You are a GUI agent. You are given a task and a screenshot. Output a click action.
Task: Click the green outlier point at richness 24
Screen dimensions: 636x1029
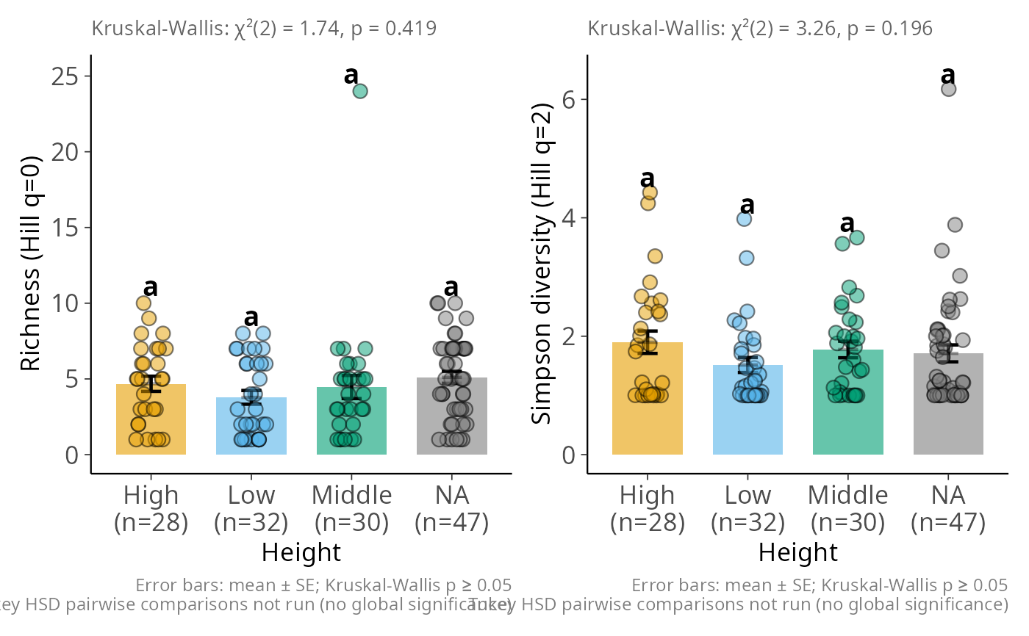[x=360, y=91]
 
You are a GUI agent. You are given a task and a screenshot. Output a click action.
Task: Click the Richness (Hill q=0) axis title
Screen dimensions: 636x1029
[x=30, y=264]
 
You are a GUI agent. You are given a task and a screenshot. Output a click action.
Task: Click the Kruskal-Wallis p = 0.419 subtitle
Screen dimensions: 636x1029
[x=265, y=29]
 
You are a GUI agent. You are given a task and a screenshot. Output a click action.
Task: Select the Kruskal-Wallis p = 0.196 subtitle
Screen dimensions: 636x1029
[x=760, y=29]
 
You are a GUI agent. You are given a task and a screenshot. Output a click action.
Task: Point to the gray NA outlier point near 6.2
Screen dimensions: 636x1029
[x=949, y=89]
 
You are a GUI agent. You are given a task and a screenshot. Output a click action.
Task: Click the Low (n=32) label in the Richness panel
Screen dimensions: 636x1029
[x=251, y=508]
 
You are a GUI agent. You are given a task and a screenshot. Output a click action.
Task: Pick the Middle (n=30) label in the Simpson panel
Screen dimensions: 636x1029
[x=848, y=508]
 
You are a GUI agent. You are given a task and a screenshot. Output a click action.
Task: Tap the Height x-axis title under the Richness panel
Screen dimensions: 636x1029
[x=301, y=552]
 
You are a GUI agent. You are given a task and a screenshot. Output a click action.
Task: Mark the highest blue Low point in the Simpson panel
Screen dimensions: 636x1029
[x=745, y=219]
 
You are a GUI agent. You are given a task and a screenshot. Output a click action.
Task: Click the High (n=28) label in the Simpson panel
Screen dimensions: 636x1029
[x=648, y=508]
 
